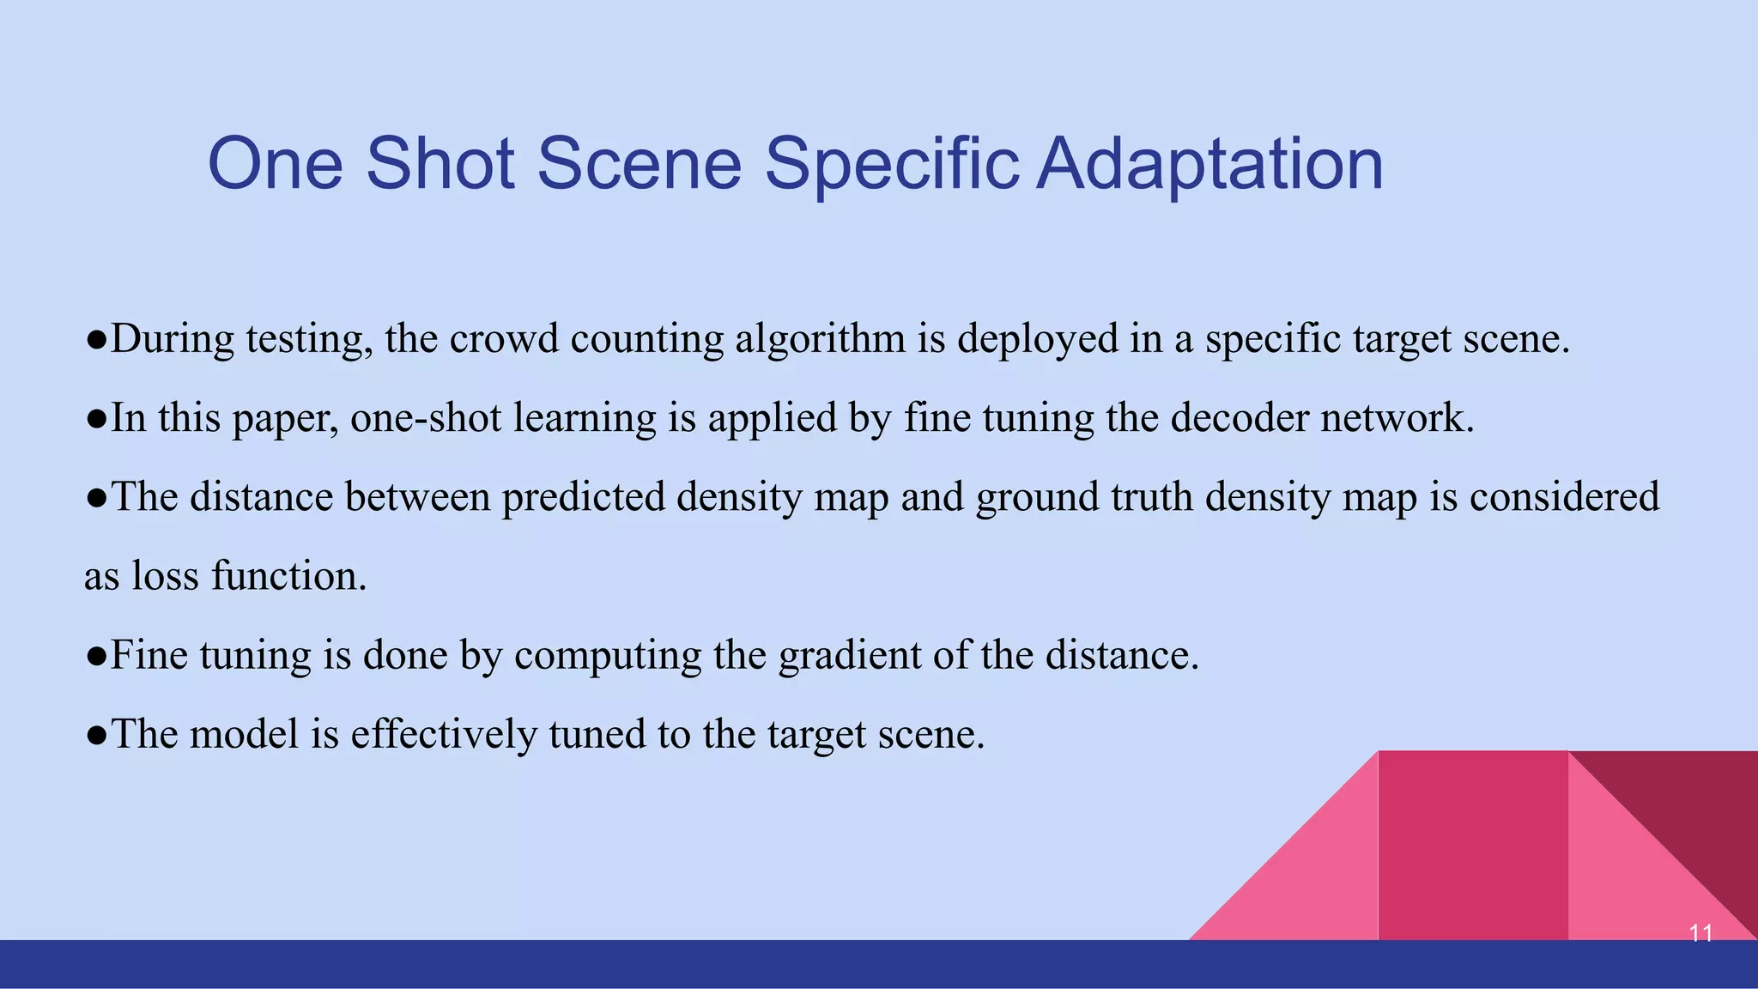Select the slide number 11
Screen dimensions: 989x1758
(x=1700, y=932)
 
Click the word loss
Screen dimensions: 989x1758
(x=165, y=576)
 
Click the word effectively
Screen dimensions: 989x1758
(x=443, y=734)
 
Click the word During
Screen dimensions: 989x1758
(x=172, y=338)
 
